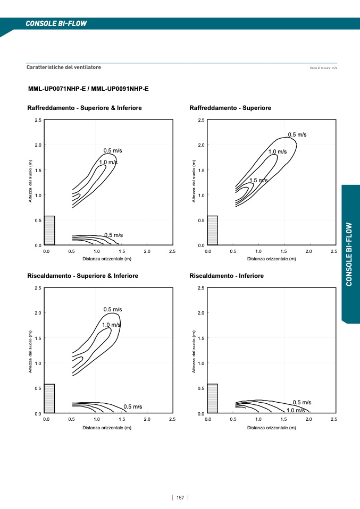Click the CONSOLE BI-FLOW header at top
pos(56,23)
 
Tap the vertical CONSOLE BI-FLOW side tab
pos(349,254)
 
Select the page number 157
pos(180,497)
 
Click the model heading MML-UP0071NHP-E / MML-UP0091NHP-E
pos(88,89)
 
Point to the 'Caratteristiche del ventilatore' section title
pos(64,67)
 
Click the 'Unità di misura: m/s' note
pos(323,69)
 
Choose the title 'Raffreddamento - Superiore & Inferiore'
pos(85,108)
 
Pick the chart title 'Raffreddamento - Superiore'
pos(230,108)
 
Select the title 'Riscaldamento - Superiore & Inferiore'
pos(83,276)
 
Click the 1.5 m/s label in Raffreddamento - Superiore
pos(258,181)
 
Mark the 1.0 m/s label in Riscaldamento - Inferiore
pos(296,410)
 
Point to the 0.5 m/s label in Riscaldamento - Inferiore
pos(302,402)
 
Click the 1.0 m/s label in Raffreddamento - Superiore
pos(277,152)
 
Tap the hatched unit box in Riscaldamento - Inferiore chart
pos(212,398)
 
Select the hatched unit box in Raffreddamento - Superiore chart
pos(212,230)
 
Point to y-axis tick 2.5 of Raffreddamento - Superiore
pos(200,120)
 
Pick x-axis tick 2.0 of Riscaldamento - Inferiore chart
pos(308,419)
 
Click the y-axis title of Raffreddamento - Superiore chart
pos(194,181)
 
